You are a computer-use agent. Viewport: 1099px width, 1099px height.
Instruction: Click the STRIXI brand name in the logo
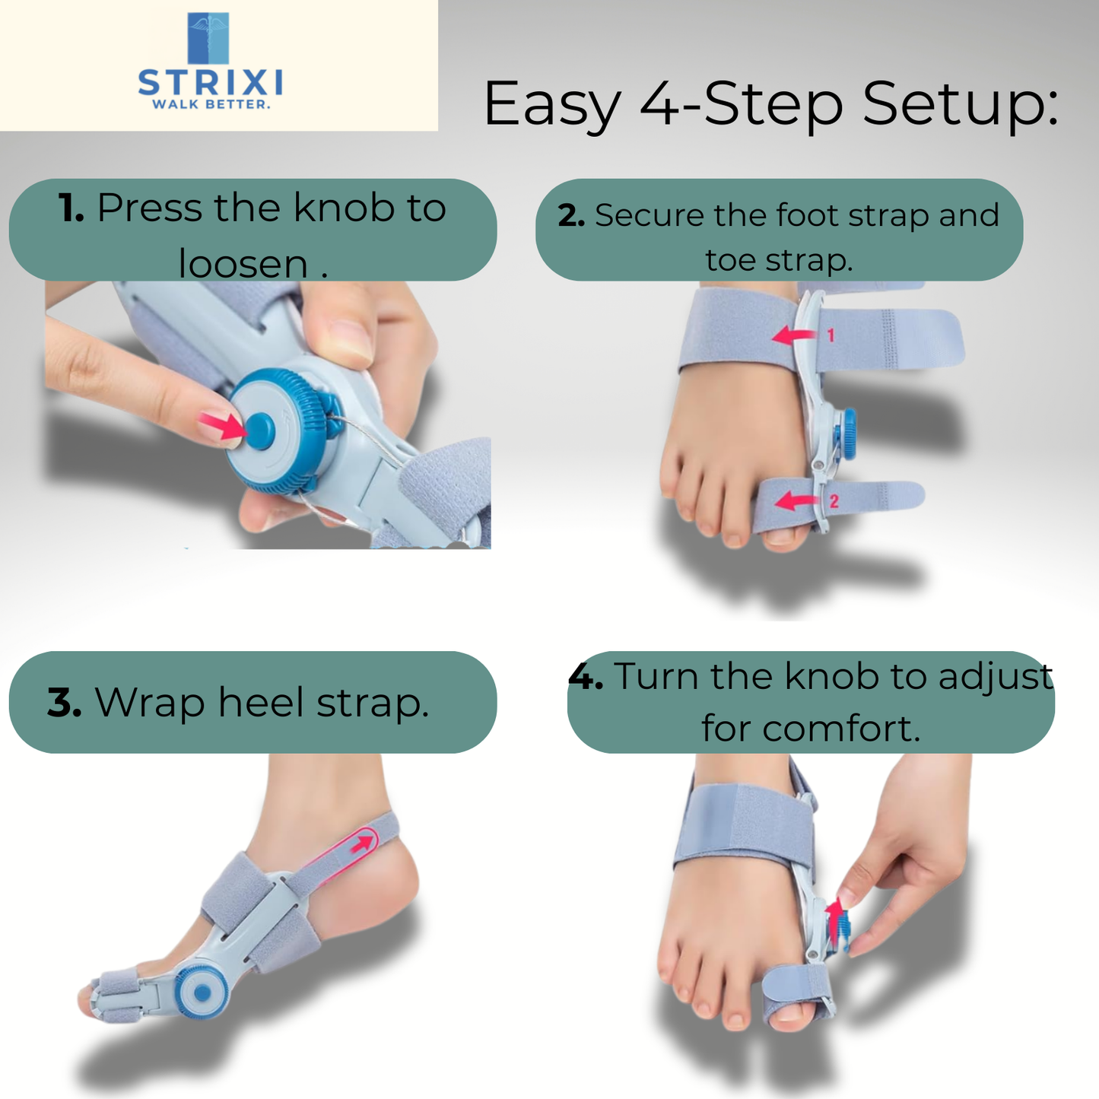click(210, 81)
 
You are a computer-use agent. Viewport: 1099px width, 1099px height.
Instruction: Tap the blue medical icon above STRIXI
click(208, 38)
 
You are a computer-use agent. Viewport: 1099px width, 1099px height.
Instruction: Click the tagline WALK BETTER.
click(211, 104)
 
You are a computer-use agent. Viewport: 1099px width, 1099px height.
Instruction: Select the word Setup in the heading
click(960, 104)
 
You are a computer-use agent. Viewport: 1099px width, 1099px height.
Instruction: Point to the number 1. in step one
click(71, 208)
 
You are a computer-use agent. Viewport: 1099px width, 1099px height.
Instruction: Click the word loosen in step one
click(243, 263)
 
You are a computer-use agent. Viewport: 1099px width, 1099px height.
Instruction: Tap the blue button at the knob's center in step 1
click(260, 430)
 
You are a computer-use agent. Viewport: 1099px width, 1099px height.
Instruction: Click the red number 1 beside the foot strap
click(831, 335)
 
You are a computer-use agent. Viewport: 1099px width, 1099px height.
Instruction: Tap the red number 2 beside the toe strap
click(834, 500)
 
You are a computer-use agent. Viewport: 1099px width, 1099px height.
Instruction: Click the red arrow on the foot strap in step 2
click(794, 335)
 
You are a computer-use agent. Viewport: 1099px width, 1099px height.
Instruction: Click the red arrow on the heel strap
click(364, 843)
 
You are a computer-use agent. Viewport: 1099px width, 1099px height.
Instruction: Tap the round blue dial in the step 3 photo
click(202, 992)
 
